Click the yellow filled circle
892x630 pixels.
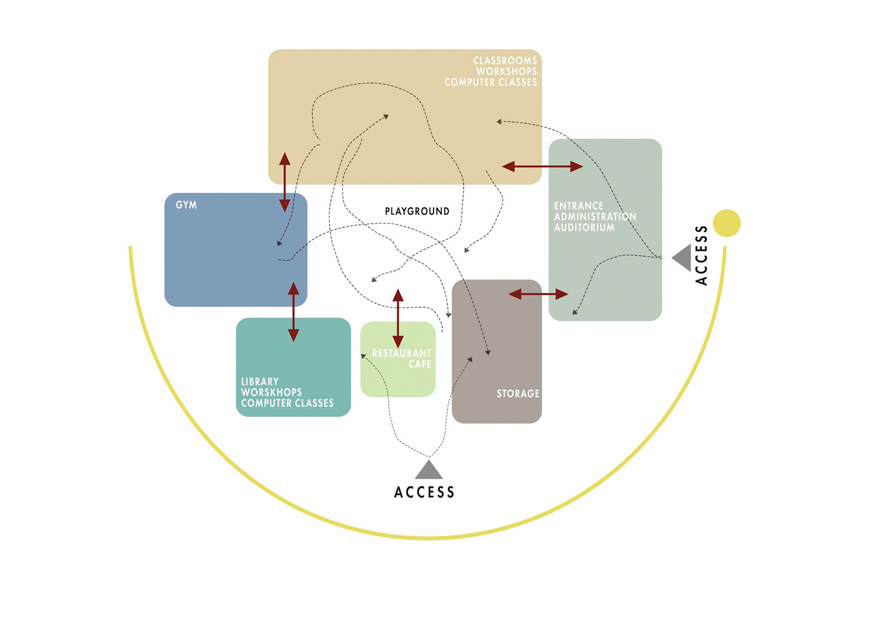727,223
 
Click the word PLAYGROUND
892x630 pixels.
417,211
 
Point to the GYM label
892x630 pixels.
186,205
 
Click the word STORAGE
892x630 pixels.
518,394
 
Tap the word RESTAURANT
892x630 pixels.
401,353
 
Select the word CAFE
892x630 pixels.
420,364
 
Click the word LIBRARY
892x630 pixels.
260,382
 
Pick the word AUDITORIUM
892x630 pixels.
584,227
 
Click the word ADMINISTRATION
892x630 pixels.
595,217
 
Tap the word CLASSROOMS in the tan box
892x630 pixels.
505,61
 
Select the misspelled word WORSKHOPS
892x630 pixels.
271,392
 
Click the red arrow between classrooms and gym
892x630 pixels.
285,182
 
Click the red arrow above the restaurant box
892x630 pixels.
398,318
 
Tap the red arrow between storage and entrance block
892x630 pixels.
538,294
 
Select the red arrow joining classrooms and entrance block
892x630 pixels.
542,166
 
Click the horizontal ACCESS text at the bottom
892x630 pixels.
424,492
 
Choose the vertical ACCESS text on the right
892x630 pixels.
701,255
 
